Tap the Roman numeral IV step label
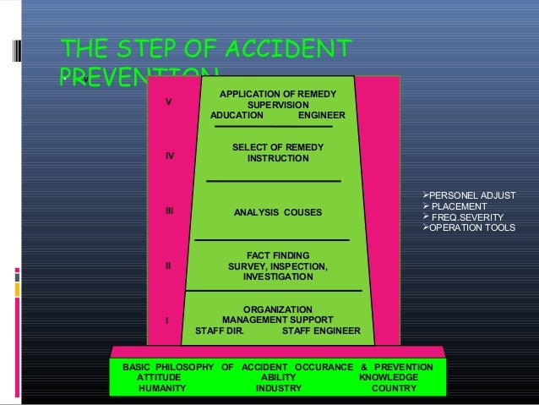[170, 156]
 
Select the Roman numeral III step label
[170, 211]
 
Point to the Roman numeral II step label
[168, 265]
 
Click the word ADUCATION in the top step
[237, 116]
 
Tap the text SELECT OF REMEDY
[278, 147]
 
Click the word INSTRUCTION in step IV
[278, 159]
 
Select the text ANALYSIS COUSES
[278, 211]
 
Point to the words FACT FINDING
[278, 254]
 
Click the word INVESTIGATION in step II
[278, 277]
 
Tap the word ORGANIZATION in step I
[278, 309]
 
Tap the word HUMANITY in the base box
[163, 389]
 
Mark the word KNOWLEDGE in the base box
[389, 378]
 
